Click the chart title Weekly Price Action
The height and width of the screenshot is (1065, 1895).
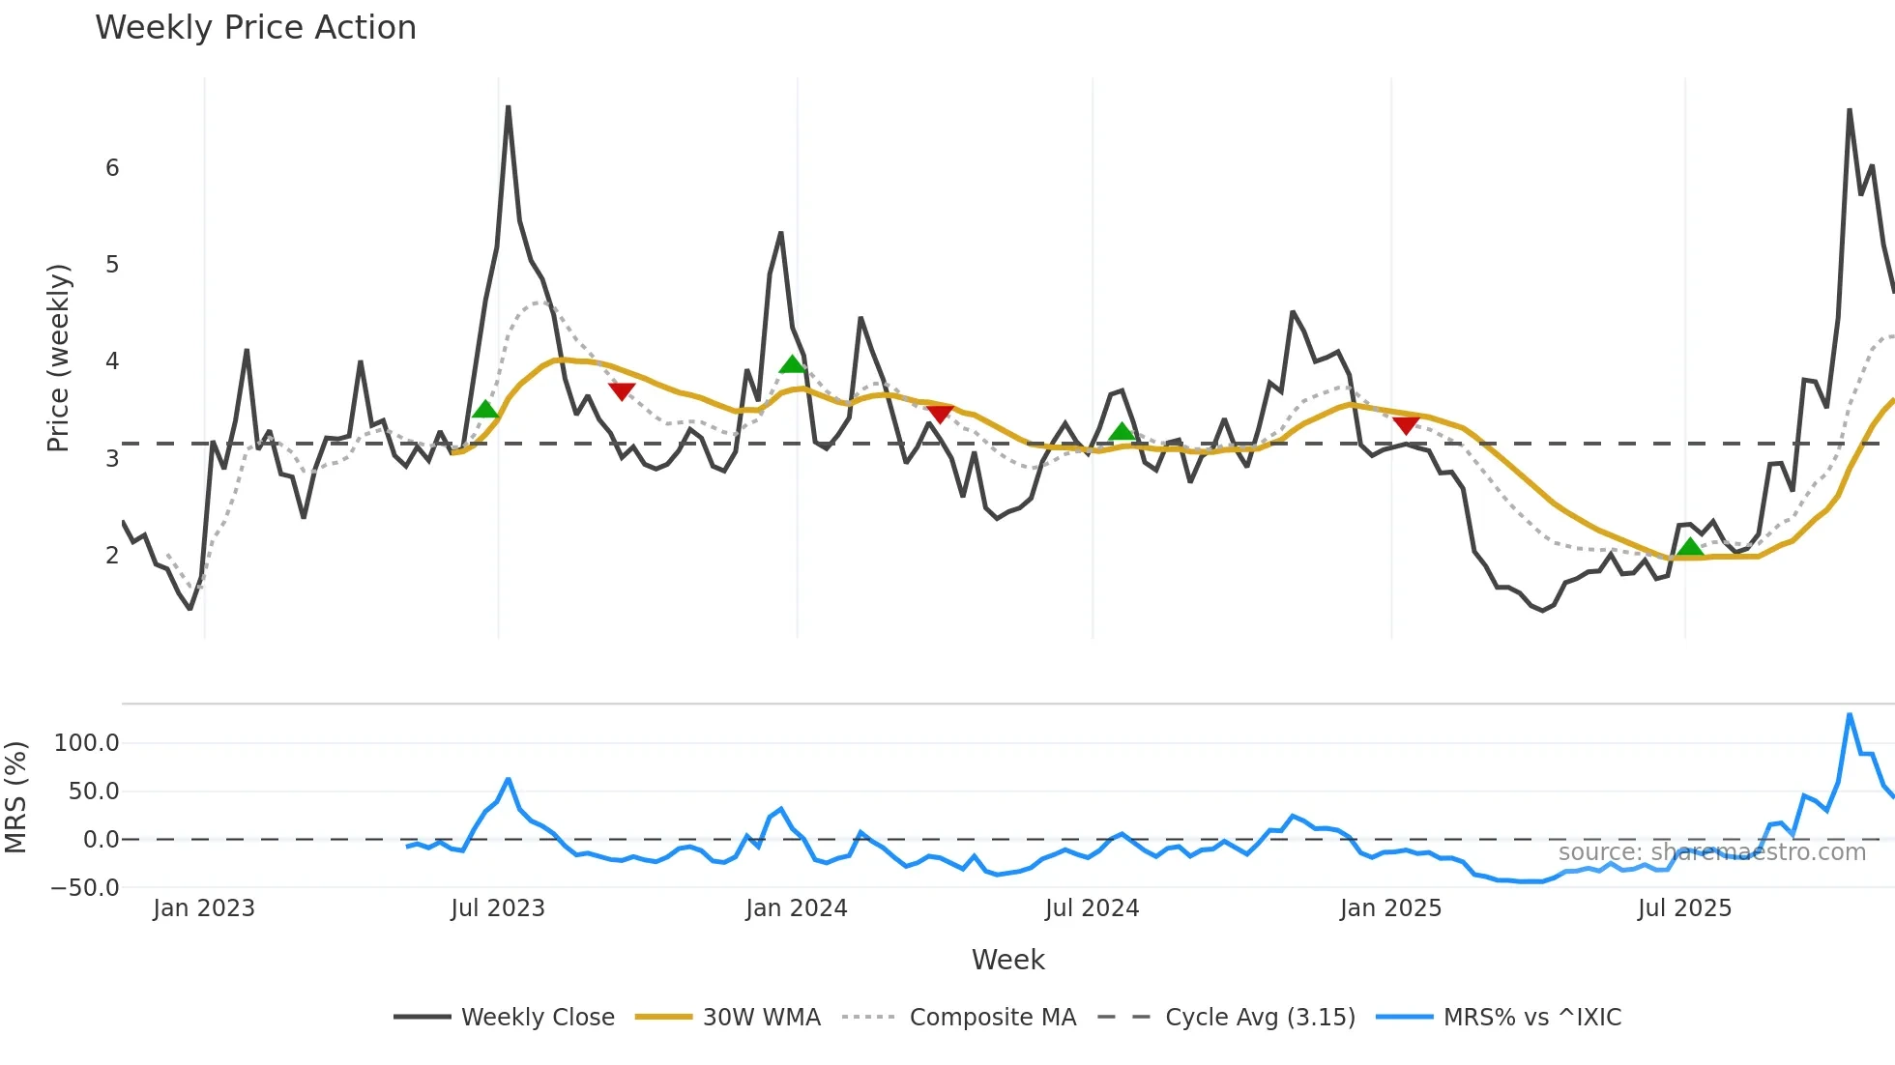(255, 28)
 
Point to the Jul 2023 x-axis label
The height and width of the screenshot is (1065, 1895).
(498, 908)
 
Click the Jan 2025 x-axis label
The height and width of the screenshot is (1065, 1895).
(1390, 908)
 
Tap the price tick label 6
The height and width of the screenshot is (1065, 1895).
(112, 168)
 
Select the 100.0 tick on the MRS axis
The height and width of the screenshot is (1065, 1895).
(87, 743)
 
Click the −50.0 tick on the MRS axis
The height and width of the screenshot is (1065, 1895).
(85, 887)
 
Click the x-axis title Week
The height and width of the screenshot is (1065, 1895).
(1007, 960)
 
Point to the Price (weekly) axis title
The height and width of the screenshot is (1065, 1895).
(58, 358)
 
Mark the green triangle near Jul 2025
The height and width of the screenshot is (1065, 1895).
(1689, 547)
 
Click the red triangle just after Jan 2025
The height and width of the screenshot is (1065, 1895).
(1406, 425)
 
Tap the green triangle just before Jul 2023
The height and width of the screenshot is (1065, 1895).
(485, 410)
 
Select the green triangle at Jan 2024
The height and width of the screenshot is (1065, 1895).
(792, 364)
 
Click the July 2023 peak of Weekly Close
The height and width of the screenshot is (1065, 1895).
(508, 107)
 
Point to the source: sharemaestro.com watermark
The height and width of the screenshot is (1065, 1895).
(1711, 852)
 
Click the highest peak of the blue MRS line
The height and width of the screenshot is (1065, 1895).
(1850, 715)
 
